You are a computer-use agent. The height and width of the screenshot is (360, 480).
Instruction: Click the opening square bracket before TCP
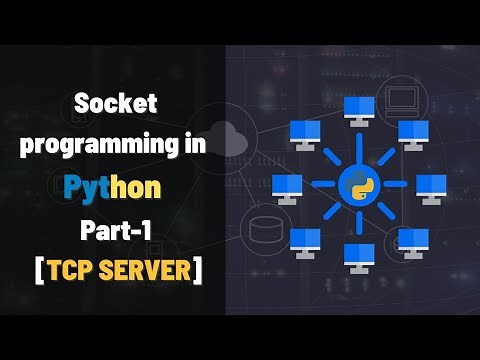tap(38, 270)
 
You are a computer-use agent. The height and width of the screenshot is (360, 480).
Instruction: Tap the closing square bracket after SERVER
tap(198, 270)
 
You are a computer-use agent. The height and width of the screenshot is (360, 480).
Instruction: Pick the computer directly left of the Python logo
tap(287, 186)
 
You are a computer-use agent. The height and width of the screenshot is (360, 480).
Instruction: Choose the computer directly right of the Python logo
tap(430, 186)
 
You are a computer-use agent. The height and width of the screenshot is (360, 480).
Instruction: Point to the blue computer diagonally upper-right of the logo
tap(412, 131)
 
